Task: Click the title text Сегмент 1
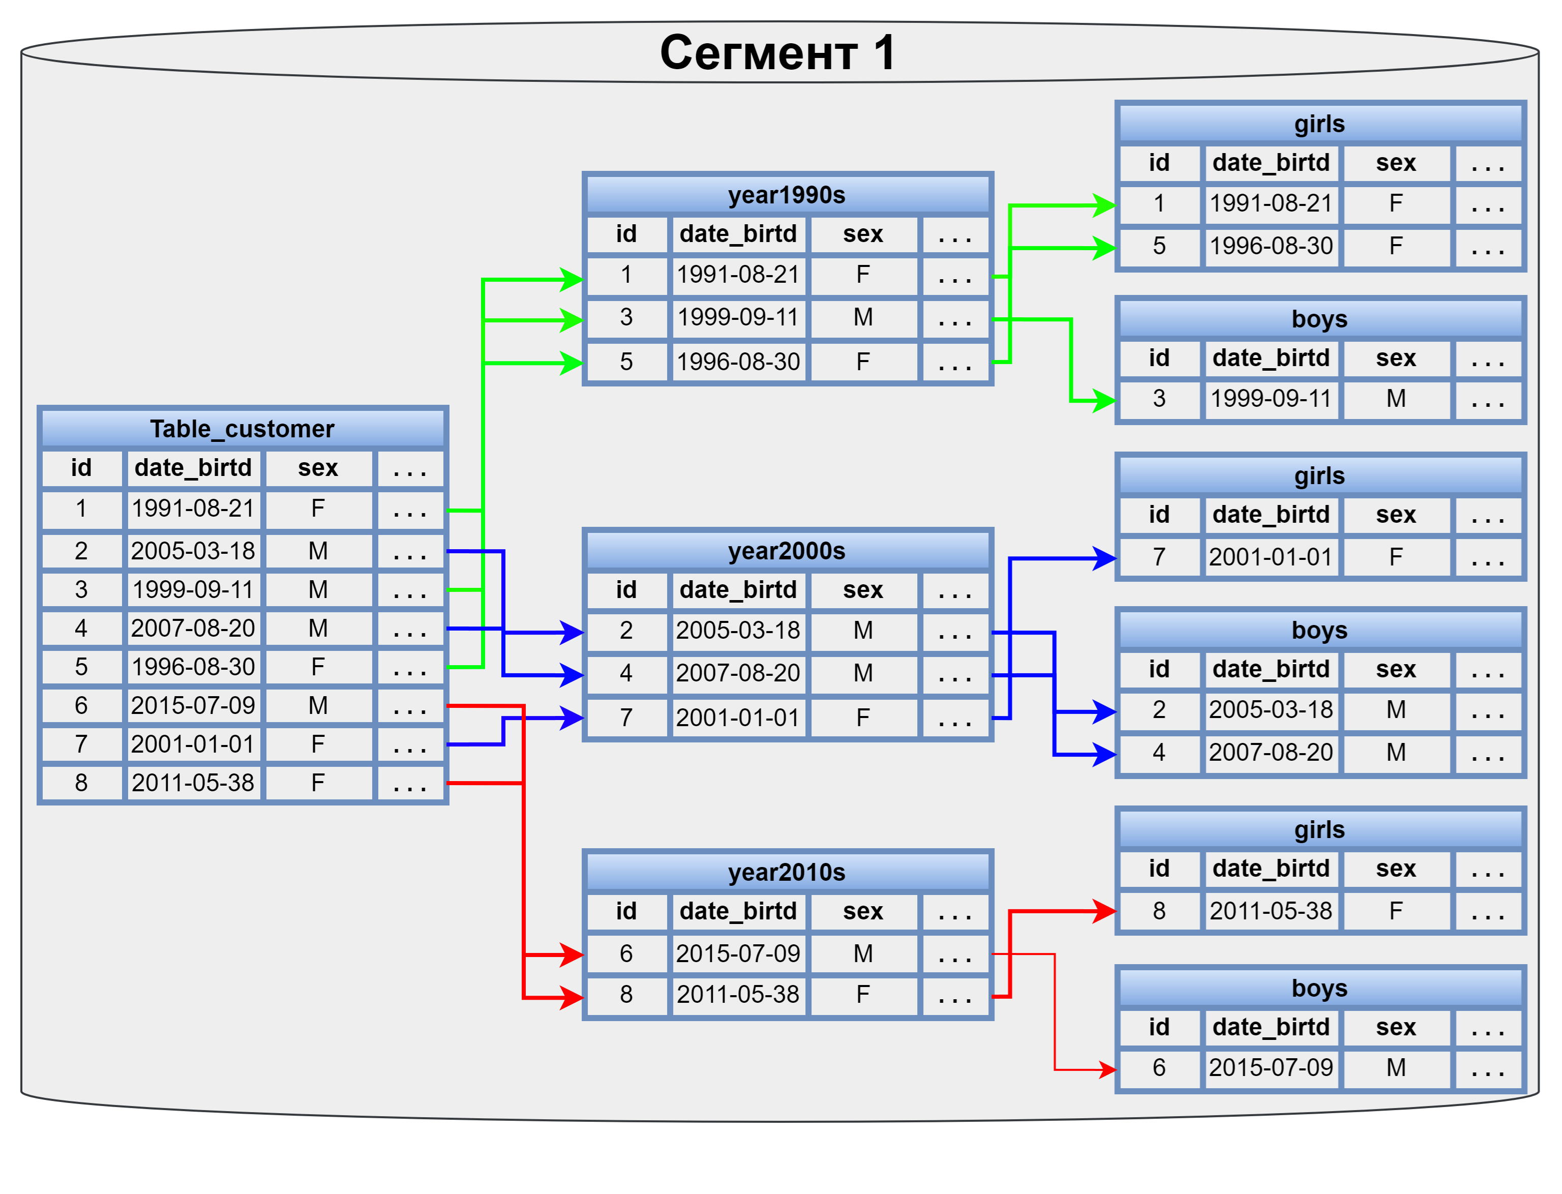777,53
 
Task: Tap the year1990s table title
786,195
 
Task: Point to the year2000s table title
786,551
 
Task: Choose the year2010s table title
786,872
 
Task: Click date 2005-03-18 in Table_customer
193,551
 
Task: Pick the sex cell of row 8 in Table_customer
318,783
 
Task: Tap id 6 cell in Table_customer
81,705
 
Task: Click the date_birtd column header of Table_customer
193,468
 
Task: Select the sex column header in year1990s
863,234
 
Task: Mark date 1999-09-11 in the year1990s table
738,317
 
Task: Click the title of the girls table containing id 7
1319,475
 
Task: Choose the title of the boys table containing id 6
1319,988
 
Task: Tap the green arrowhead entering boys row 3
1104,400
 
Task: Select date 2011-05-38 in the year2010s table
738,994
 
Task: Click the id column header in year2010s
625,911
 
